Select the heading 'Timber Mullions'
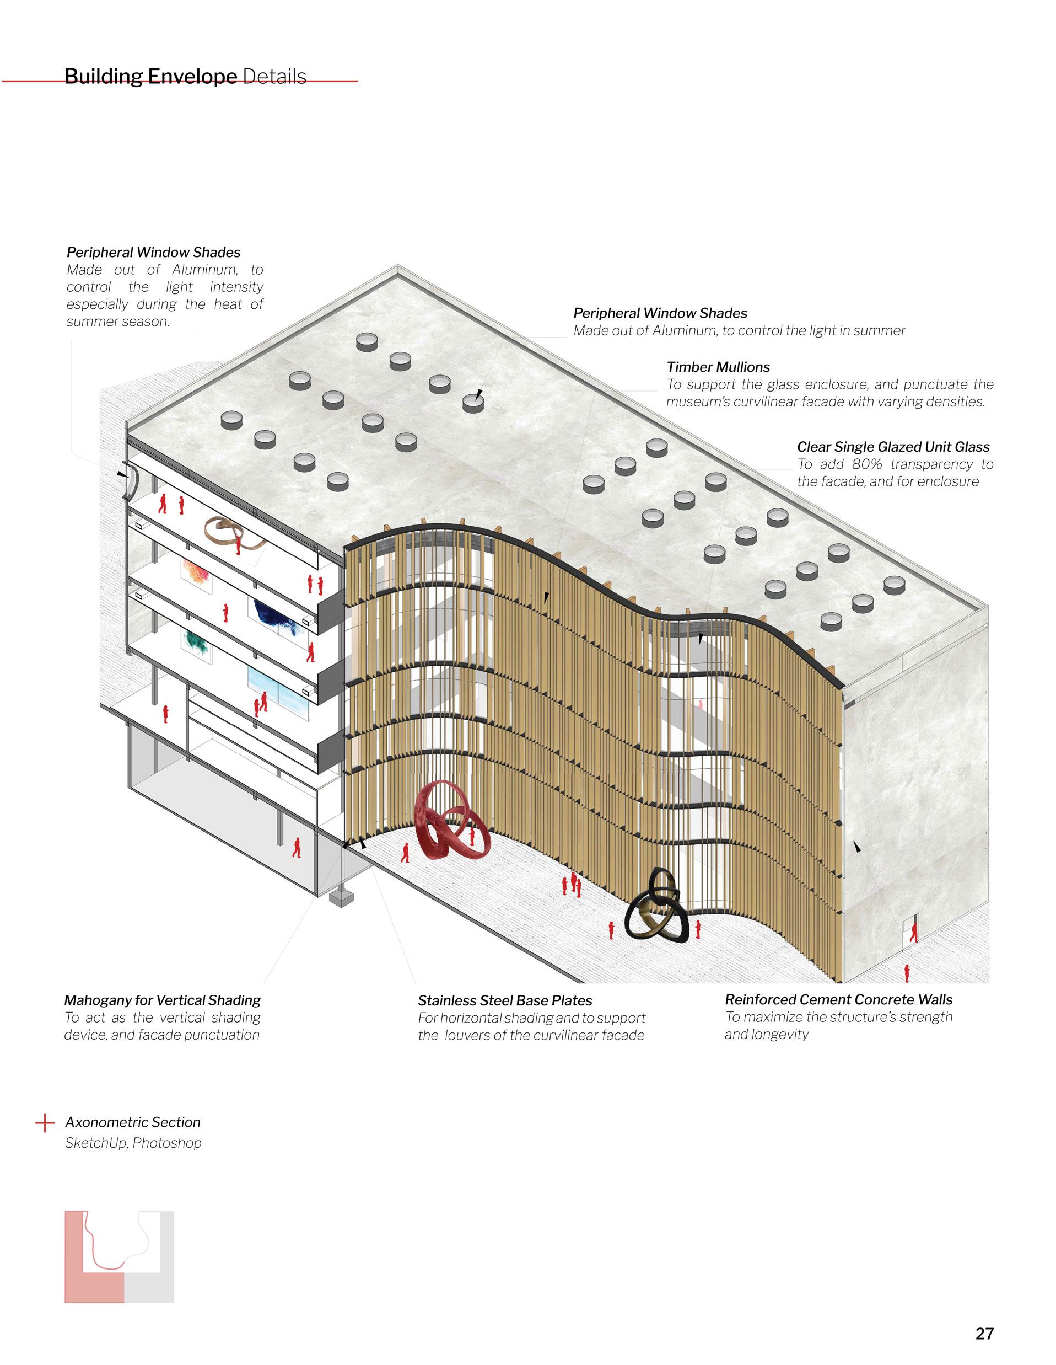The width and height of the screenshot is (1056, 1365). point(718,367)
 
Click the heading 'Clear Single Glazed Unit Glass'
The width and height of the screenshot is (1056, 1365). point(893,447)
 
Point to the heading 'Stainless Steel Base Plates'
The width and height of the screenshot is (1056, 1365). point(505,1000)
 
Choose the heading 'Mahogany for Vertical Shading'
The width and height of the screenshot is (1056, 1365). point(163,1000)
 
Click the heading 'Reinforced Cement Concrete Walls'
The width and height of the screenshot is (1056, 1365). point(839,999)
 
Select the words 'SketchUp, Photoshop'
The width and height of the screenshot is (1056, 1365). point(133,1143)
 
